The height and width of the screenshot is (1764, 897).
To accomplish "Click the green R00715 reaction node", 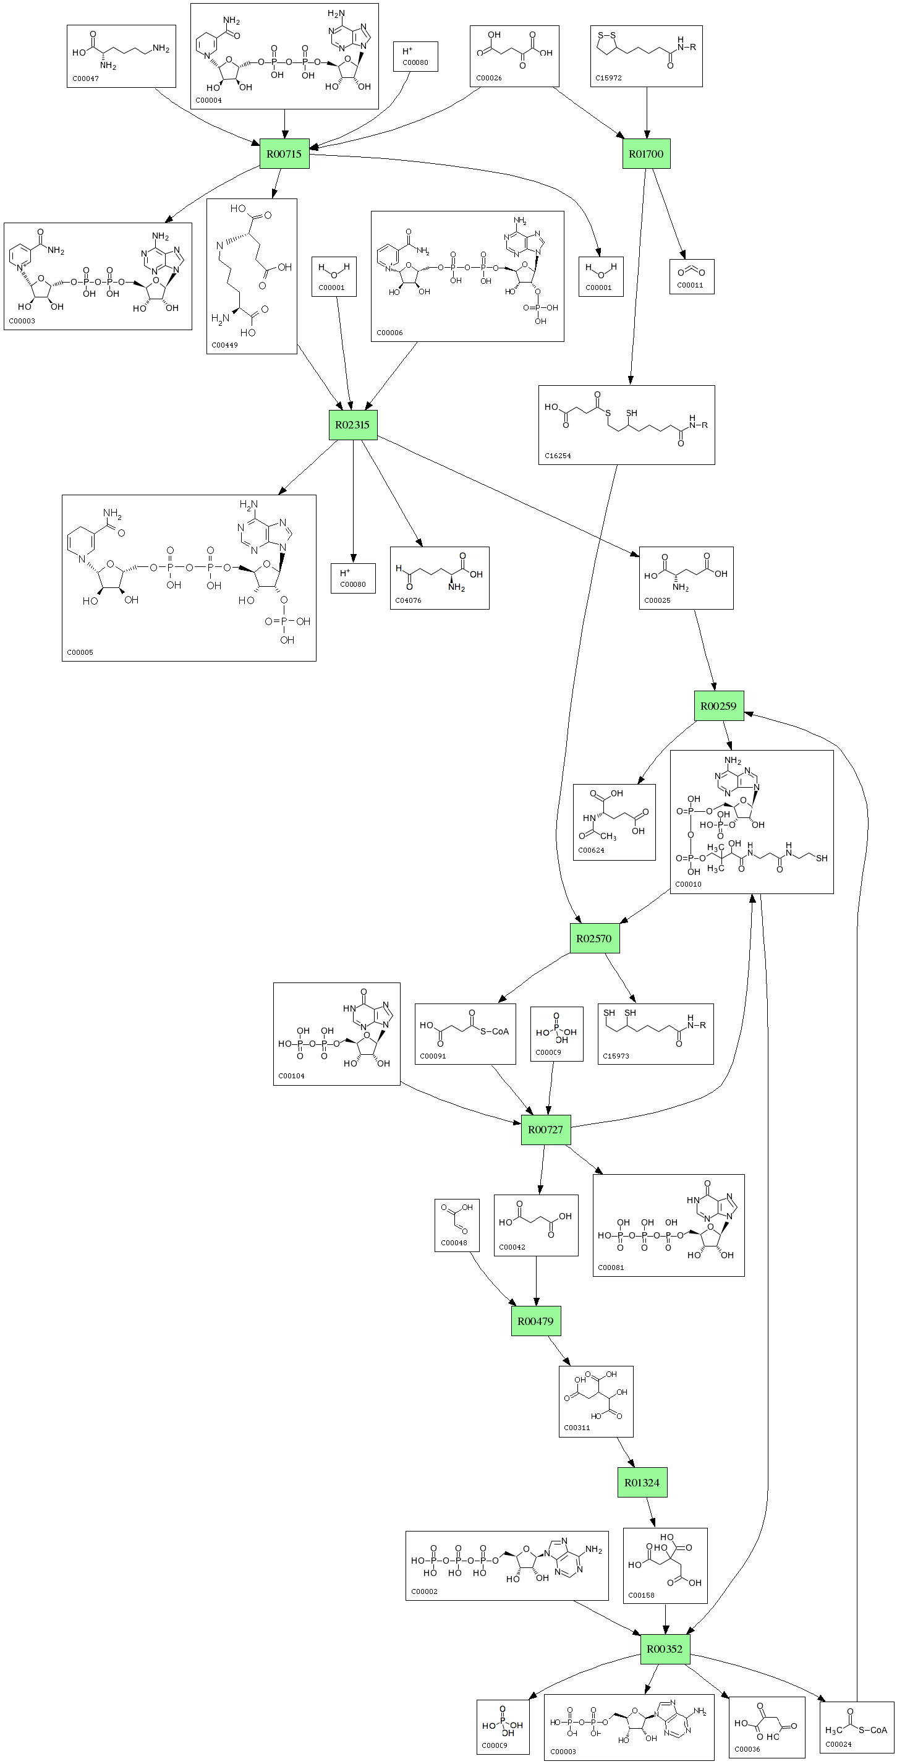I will coord(284,154).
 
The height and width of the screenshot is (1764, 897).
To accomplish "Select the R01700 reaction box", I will coord(645,154).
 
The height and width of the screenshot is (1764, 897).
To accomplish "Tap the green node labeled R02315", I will coord(352,425).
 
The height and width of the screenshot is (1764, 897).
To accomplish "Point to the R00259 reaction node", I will coord(718,706).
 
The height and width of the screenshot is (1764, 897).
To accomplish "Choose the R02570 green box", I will coord(593,939).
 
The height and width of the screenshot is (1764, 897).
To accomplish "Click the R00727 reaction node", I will coord(545,1129).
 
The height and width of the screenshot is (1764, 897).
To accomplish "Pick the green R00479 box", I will coord(535,1321).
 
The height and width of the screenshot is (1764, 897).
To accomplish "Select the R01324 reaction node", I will coord(642,1483).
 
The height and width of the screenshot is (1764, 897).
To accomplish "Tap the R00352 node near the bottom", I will coord(664,1649).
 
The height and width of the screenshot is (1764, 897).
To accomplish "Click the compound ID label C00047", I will coord(85,79).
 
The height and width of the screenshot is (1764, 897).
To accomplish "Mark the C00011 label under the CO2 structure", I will coord(689,286).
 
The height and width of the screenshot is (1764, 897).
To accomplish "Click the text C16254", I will coord(558,456).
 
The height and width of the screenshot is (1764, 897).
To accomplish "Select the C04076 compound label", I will coord(408,600).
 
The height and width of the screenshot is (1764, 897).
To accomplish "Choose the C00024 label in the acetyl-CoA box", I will coord(838,1744).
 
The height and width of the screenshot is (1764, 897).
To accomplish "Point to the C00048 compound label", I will coord(453,1243).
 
